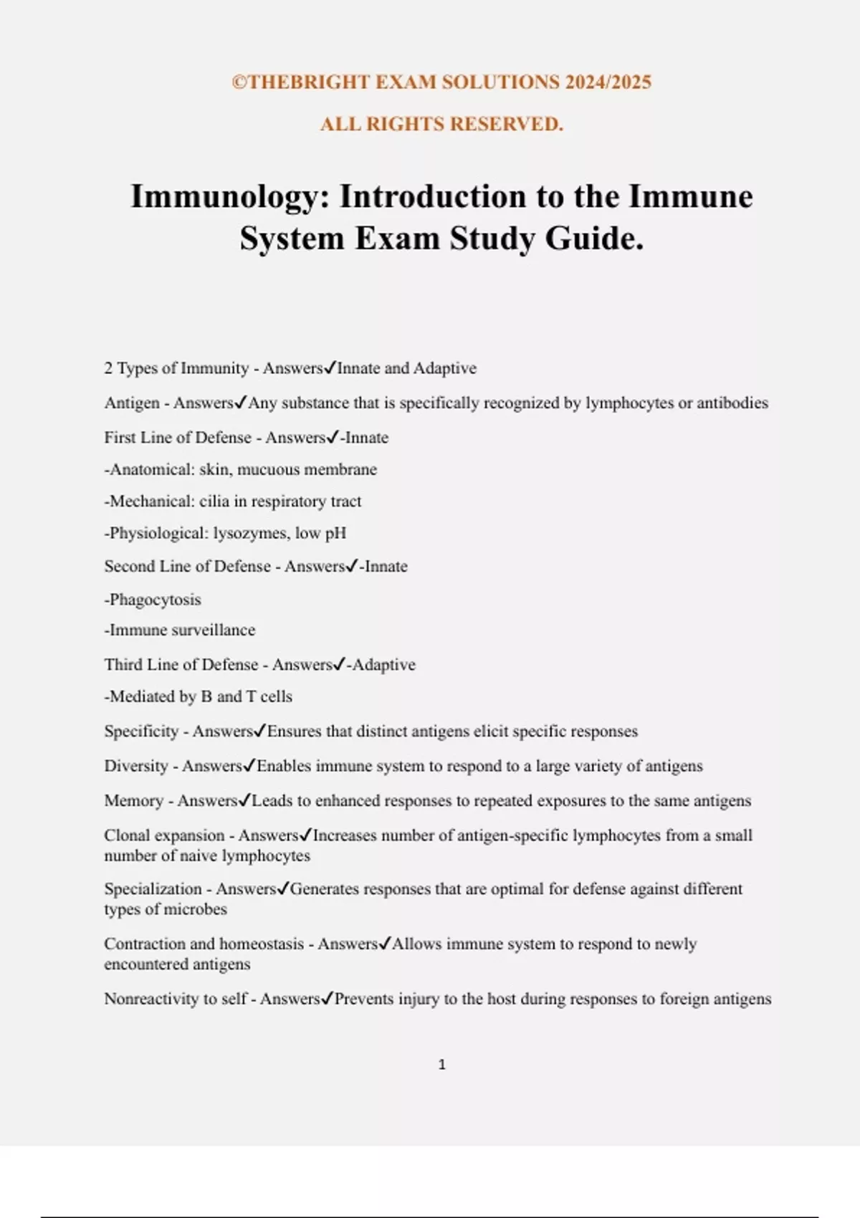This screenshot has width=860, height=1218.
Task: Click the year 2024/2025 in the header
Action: [608, 82]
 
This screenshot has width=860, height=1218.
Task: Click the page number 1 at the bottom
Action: [441, 1065]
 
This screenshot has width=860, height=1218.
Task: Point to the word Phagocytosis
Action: [155, 600]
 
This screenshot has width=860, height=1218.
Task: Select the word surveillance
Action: [214, 630]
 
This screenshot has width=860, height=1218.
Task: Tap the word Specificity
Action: [141, 732]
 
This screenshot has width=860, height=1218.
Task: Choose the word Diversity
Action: [136, 766]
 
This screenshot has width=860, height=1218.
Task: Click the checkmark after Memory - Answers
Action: [244, 800]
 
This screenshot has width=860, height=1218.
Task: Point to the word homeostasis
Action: [262, 944]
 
